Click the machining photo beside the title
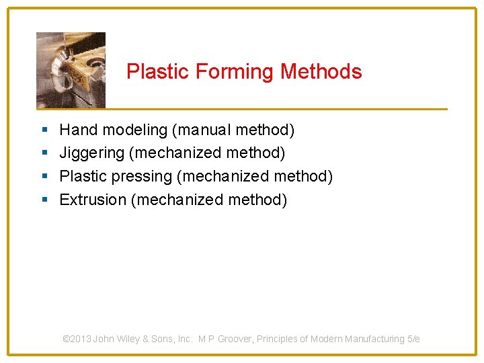(x=71, y=70)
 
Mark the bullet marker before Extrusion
(x=44, y=200)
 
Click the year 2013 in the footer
(x=81, y=339)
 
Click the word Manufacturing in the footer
(x=374, y=339)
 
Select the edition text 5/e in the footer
(x=413, y=339)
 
